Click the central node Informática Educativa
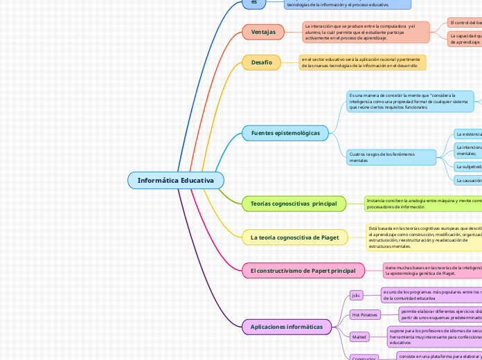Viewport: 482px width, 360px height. (176, 180)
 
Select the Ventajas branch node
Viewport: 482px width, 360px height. (262, 32)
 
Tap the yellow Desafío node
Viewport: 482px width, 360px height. (261, 62)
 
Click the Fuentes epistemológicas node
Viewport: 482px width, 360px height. (285, 132)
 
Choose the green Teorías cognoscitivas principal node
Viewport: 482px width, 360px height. (294, 203)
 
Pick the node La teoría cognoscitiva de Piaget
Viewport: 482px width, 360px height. (294, 237)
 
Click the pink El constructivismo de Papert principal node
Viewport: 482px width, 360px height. (303, 270)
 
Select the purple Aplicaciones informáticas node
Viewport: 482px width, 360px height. (287, 327)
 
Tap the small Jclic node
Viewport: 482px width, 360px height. (357, 295)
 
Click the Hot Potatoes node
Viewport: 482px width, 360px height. (364, 315)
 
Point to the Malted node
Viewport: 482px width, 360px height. (359, 337)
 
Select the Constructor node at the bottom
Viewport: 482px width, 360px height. (364, 357)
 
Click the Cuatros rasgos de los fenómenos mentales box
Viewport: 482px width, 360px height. (391, 157)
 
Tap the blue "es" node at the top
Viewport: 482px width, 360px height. (254, 3)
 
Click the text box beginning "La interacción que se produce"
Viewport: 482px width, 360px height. (366, 32)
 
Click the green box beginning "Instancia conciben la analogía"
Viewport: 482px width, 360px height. (422, 203)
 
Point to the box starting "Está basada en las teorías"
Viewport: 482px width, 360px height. (423, 237)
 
